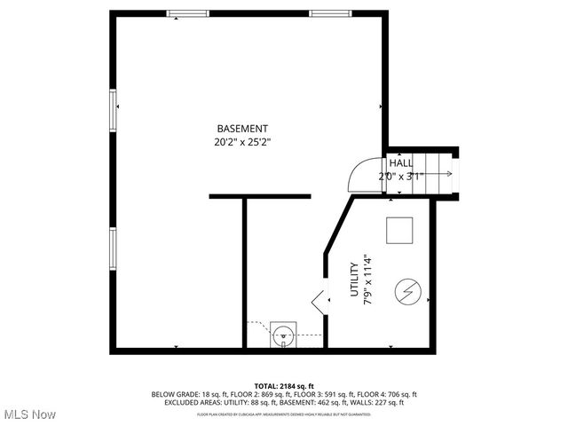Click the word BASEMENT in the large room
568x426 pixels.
click(242, 128)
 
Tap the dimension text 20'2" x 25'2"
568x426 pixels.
click(242, 141)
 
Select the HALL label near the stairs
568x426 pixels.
click(401, 163)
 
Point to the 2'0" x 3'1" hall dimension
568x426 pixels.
click(401, 176)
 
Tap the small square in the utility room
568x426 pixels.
click(399, 231)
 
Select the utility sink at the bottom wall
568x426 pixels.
click(283, 335)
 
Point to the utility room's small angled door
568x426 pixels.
click(319, 301)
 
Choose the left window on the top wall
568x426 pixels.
click(184, 13)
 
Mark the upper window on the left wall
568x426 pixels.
click(112, 111)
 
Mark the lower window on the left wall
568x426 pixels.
click(112, 248)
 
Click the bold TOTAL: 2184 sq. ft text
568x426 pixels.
click(283, 386)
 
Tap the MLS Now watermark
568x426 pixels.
click(28, 414)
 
